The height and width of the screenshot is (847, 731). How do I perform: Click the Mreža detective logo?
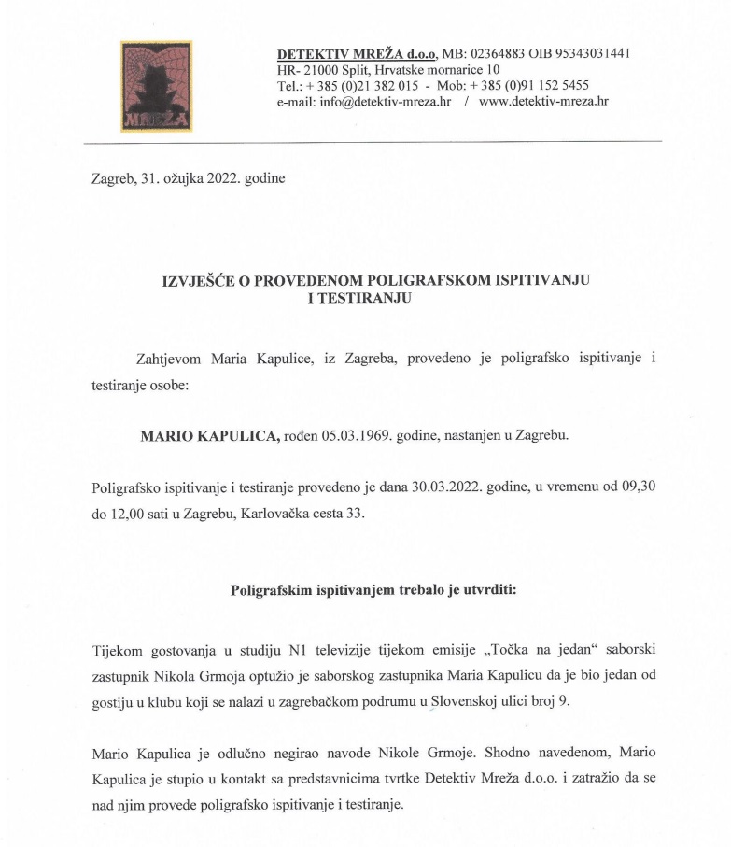156,86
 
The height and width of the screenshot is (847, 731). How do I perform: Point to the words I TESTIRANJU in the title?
359,299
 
